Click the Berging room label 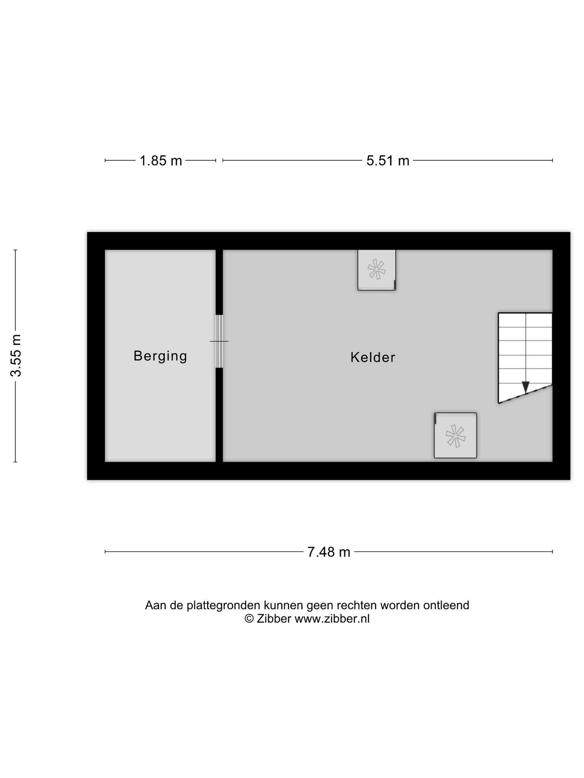tap(160, 356)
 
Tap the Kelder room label tap(373, 357)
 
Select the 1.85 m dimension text tap(161, 161)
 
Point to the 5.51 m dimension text tap(388, 161)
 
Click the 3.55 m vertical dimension tap(16, 356)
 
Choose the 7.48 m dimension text tap(328, 552)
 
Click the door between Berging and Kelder tap(219, 341)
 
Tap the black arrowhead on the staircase tap(525, 387)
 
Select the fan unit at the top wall tap(376, 270)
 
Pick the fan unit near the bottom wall tap(455, 435)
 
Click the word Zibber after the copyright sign tap(274, 619)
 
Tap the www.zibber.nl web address tap(332, 619)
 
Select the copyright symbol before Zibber tap(249, 619)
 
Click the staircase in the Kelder tap(525, 357)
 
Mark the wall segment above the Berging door tap(219, 282)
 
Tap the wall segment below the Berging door tap(219, 415)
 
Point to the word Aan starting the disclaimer tap(156, 605)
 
